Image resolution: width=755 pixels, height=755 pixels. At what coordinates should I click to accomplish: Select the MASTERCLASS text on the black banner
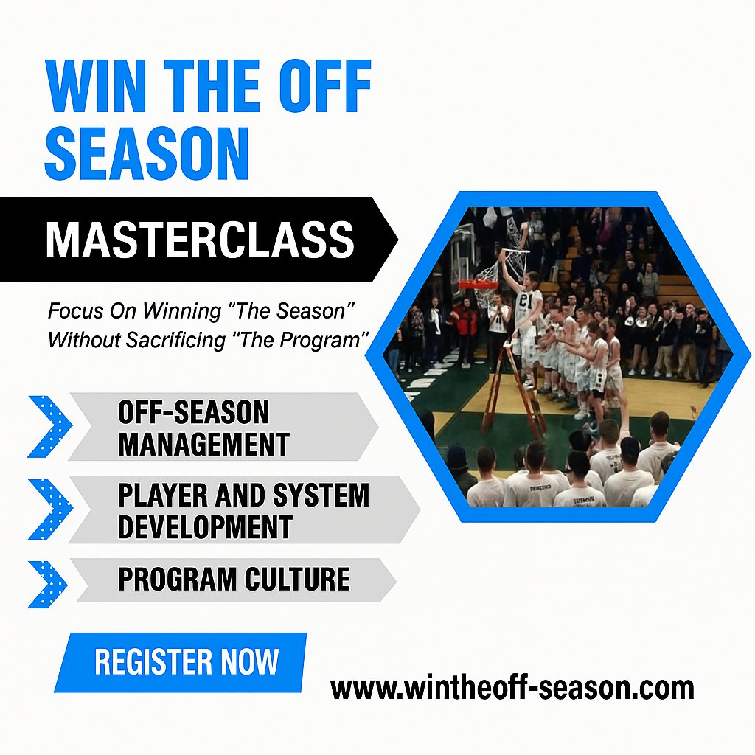(200, 240)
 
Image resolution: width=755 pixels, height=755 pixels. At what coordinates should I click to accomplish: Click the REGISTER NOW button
(187, 662)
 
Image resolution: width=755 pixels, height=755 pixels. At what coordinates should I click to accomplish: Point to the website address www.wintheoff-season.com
(512, 687)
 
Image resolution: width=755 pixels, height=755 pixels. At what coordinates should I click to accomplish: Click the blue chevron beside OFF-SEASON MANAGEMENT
(49, 427)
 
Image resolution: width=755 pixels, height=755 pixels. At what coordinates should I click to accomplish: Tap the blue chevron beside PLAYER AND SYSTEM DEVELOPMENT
(49, 509)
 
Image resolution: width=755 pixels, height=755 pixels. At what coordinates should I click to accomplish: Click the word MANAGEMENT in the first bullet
(203, 444)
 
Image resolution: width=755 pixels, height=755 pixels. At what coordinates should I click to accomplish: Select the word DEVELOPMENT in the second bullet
(205, 526)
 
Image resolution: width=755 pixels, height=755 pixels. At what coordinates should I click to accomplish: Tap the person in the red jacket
(466, 324)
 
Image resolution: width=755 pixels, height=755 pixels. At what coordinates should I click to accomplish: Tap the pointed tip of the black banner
(396, 239)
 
